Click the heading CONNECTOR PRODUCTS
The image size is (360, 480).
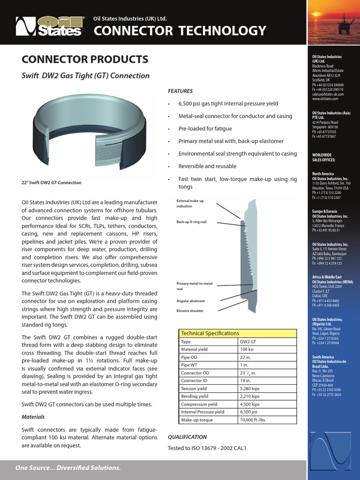(85, 60)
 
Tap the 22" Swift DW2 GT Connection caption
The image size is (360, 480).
(52, 182)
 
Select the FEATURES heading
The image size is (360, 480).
(180, 91)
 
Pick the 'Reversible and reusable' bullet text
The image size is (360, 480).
(207, 166)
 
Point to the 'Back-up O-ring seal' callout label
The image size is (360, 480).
(191, 222)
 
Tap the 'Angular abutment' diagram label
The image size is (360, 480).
(190, 301)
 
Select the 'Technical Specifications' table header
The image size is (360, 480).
(210, 333)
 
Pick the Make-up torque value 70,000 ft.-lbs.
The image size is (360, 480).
(253, 420)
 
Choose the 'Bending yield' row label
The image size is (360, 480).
(195, 396)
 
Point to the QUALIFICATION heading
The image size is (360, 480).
(187, 437)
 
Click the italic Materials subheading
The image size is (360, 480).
(33, 417)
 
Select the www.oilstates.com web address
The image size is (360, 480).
(325, 99)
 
